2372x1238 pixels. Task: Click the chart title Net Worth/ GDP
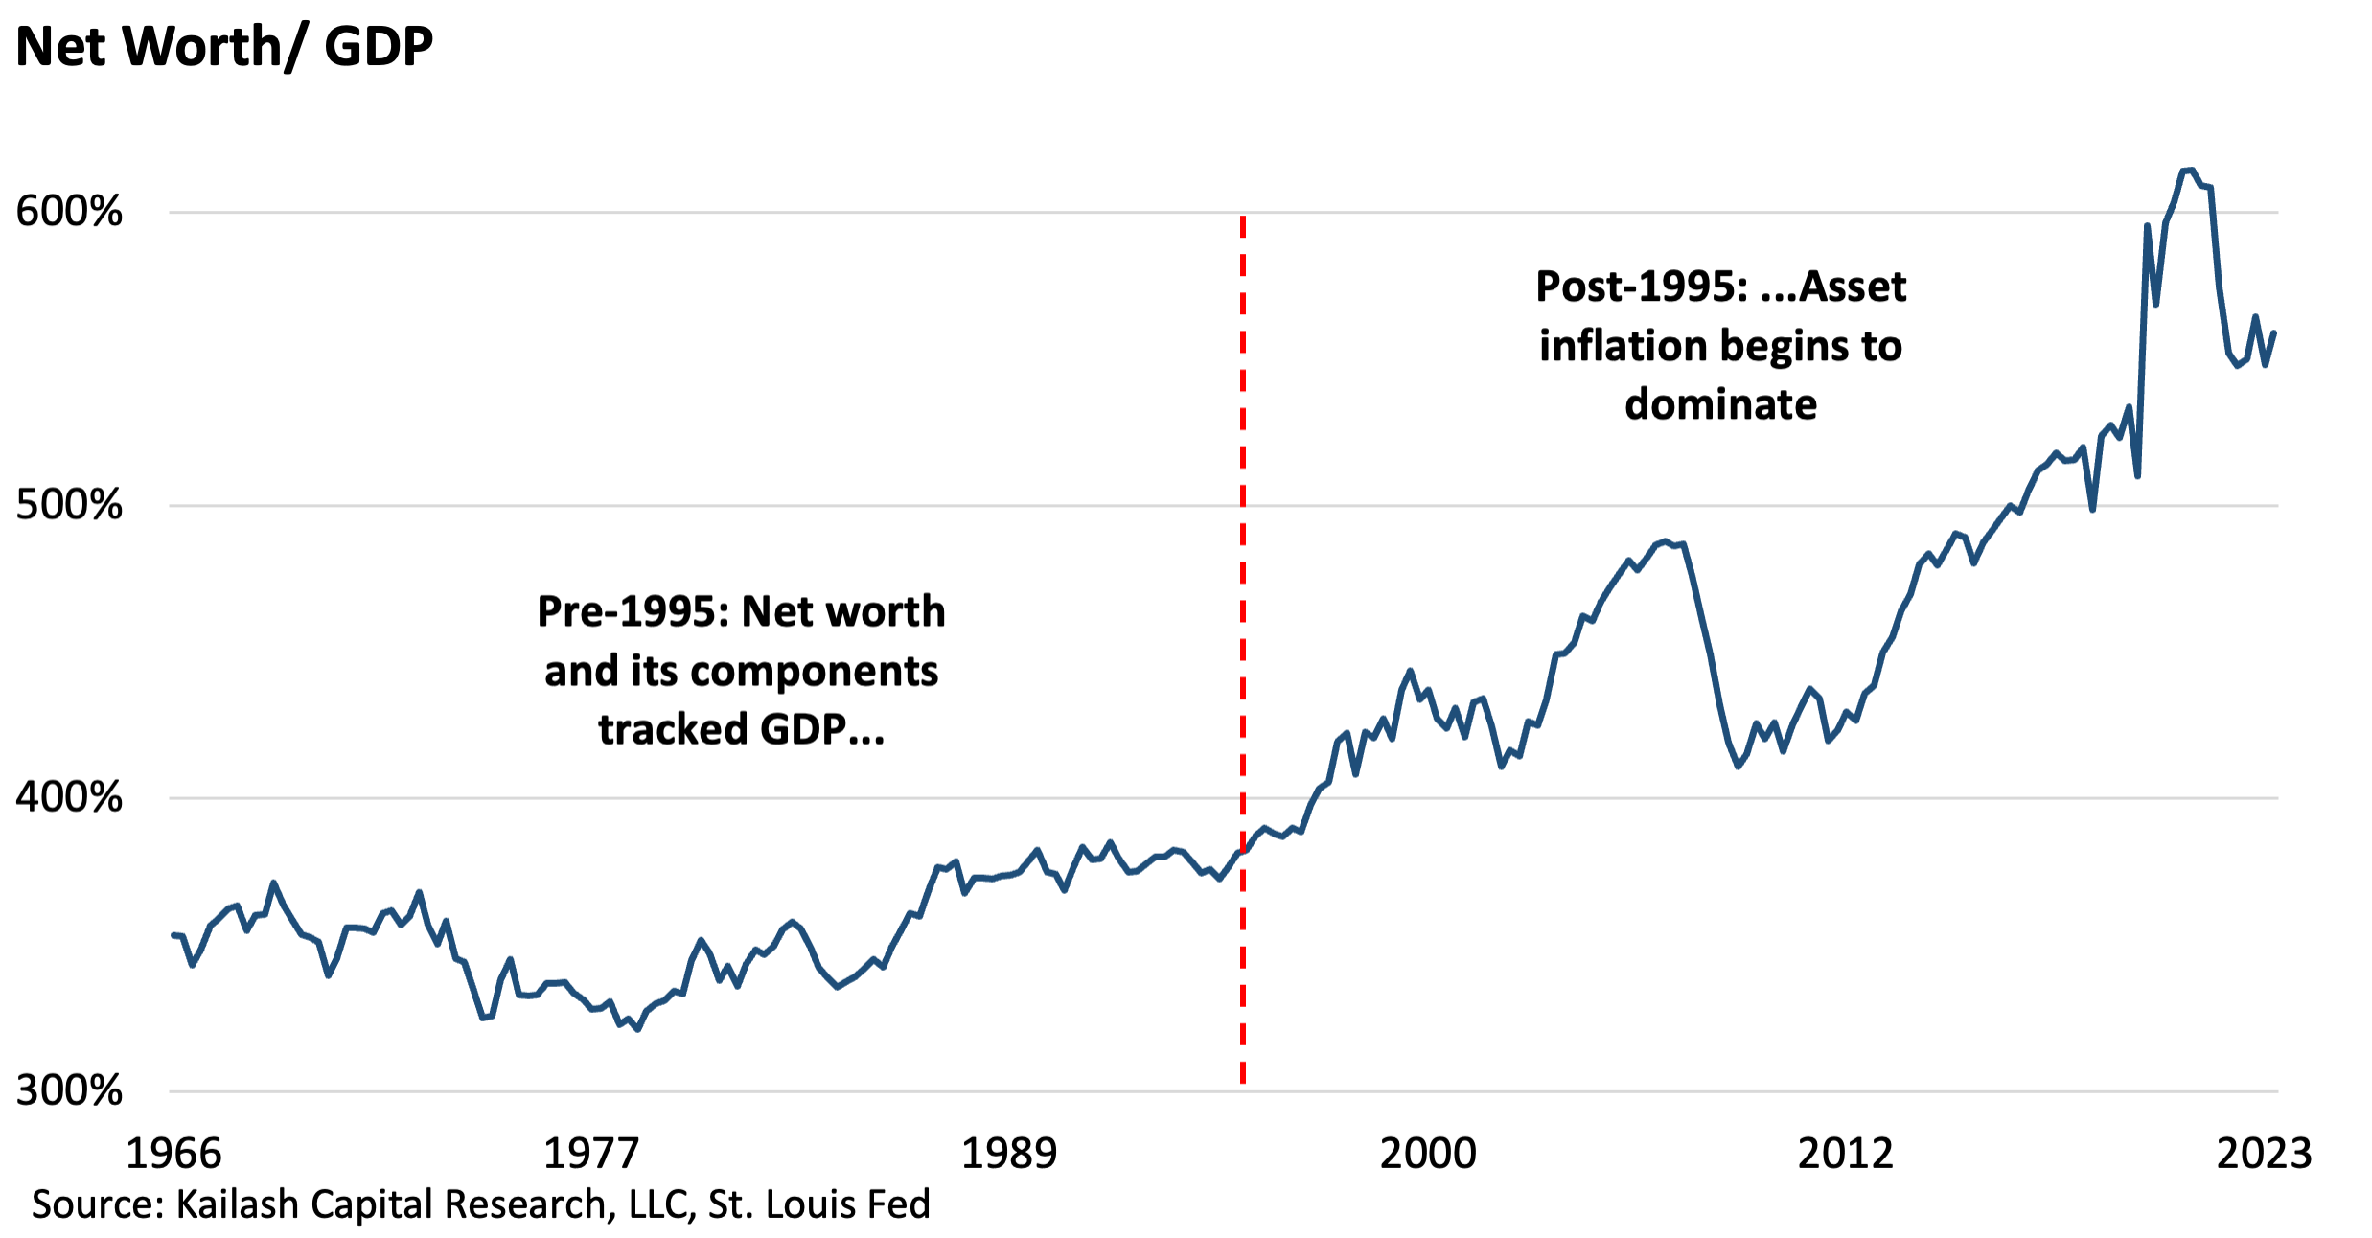pos(224,46)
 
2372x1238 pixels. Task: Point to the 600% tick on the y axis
pos(69,211)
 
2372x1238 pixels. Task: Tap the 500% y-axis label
pos(69,504)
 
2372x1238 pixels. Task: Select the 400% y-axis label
pos(69,797)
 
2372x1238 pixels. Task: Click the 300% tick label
pos(69,1090)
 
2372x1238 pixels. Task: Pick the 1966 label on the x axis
pos(173,1154)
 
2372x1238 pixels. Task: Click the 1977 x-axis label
pos(590,1154)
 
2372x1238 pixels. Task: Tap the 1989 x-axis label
pos(1008,1154)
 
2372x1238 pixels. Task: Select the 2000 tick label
pos(1427,1154)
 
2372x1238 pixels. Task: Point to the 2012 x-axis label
pos(1845,1154)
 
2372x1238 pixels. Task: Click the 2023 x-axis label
pos(2264,1154)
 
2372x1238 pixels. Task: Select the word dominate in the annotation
pos(1720,404)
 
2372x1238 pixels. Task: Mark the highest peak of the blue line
pos(2188,171)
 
